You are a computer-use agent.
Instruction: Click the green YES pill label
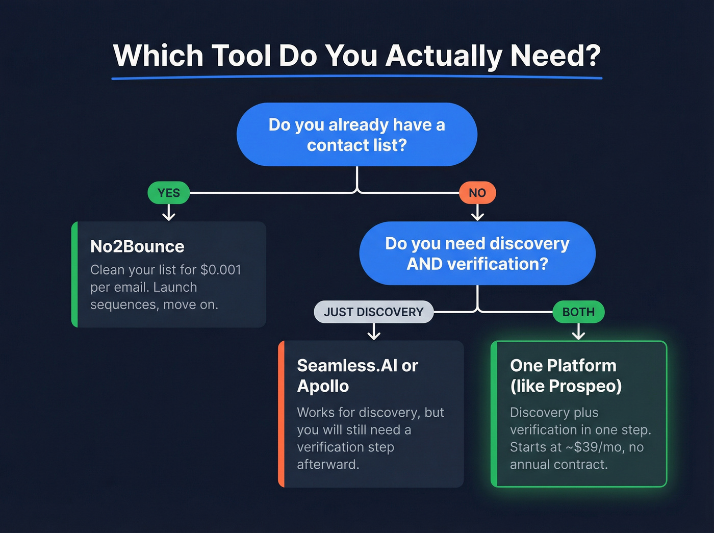click(x=168, y=193)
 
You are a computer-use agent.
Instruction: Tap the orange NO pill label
click(x=477, y=193)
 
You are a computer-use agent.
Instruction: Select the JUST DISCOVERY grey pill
click(x=373, y=312)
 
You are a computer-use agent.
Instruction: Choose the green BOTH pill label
click(x=578, y=312)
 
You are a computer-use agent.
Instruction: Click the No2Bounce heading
click(x=137, y=247)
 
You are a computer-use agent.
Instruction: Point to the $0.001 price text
click(x=221, y=270)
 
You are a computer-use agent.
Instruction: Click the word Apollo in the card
click(x=323, y=386)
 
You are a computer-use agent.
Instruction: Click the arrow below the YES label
click(x=169, y=213)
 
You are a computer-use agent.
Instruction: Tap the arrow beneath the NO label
click(x=477, y=213)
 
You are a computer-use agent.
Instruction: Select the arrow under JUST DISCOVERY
click(x=374, y=332)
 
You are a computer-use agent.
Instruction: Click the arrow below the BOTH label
click(x=578, y=332)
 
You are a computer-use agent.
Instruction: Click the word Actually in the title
click(x=444, y=56)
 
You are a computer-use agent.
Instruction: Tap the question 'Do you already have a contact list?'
click(x=357, y=135)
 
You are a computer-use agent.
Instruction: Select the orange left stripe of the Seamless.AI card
click(x=281, y=414)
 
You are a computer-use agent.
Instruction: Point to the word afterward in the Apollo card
click(x=328, y=465)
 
